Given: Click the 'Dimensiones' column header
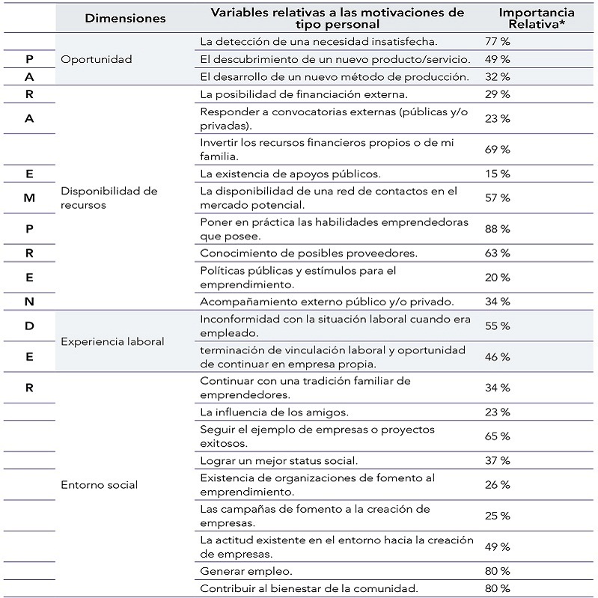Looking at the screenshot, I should coord(125,19).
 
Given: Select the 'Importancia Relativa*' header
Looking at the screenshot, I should coord(537,18).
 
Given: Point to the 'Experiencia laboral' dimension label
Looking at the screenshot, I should coord(112,341).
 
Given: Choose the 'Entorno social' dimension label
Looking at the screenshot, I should coord(99,484).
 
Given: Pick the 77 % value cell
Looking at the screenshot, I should coord(497,42).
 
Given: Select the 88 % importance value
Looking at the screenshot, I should coord(497,229).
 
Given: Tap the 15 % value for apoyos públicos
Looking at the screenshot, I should coord(497,174).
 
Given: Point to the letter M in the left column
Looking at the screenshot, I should coord(28,198).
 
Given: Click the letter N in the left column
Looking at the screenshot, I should coord(28,302).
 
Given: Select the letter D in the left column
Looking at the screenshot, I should coord(28,326).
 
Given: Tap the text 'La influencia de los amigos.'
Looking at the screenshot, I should coord(274,412).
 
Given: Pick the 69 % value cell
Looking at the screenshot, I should coord(497,150).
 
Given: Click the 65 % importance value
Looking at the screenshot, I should coord(497,436).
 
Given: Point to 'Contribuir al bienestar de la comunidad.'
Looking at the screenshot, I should coord(308,588).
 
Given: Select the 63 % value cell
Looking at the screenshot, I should coord(497,253).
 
